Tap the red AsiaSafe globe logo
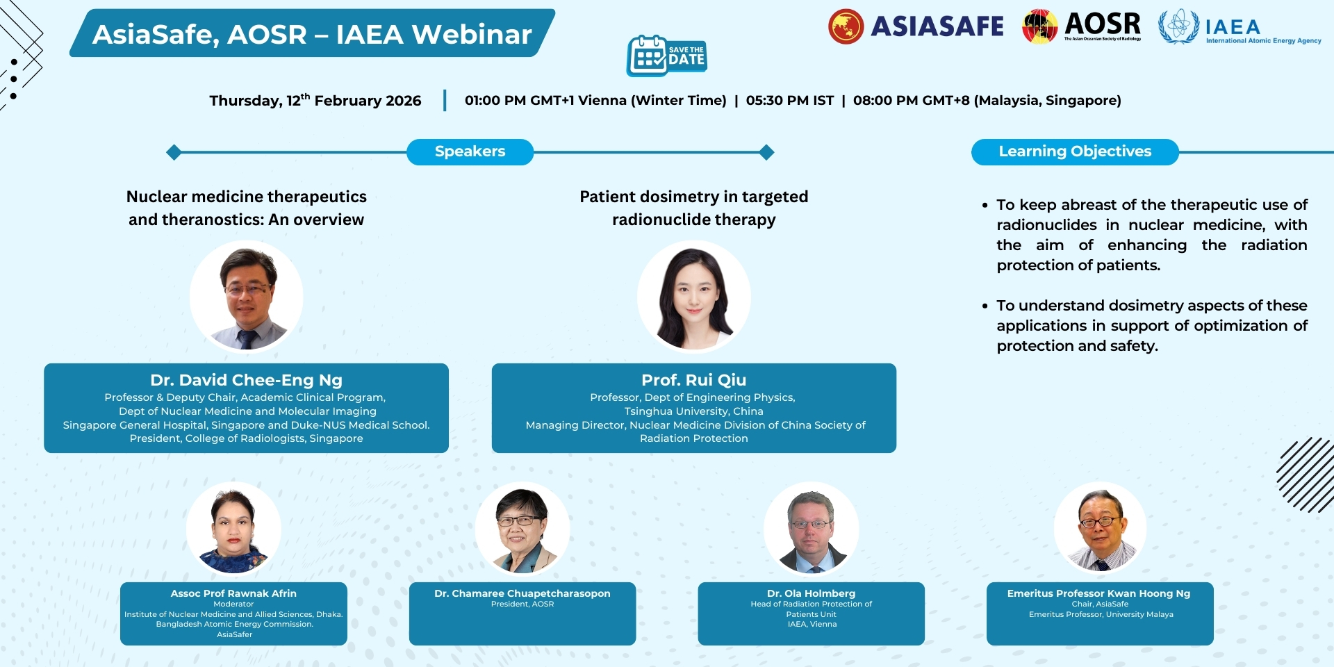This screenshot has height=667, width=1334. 846,26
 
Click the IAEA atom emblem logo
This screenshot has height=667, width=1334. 1178,26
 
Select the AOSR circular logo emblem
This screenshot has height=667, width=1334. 1039,26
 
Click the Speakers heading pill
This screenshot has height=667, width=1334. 470,151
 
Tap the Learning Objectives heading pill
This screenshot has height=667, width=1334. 1075,151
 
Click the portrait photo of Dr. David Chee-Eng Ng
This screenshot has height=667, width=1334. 247,297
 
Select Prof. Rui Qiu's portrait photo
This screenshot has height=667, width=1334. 694,297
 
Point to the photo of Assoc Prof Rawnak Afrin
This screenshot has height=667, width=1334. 233,529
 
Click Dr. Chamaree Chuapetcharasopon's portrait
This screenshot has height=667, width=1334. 522,529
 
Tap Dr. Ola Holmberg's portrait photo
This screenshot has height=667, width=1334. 812,529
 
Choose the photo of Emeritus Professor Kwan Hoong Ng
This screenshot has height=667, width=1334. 1101,529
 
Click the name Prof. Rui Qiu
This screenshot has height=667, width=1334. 694,380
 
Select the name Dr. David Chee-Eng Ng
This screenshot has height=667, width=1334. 247,380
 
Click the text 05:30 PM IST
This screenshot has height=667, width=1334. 790,100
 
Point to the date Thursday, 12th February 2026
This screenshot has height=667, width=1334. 315,100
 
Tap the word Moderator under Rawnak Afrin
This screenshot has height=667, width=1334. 233,604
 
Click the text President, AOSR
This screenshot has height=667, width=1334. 522,604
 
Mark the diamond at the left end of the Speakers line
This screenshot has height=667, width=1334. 174,152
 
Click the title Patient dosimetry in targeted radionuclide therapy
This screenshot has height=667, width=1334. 694,208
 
